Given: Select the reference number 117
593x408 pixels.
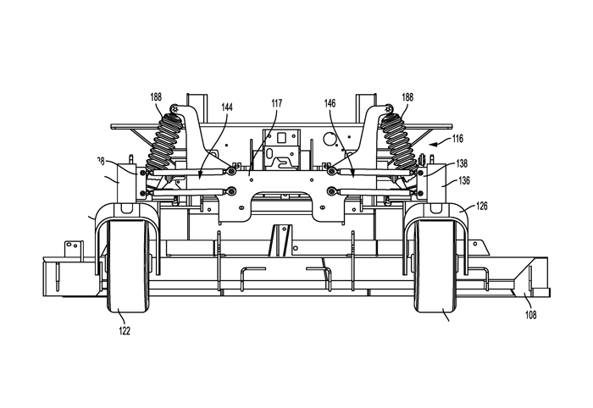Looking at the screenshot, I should point(277,104).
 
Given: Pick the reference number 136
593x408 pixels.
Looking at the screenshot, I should point(463,179).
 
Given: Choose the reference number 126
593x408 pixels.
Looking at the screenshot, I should point(481,205).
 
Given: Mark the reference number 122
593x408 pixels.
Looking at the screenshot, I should point(124,331).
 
